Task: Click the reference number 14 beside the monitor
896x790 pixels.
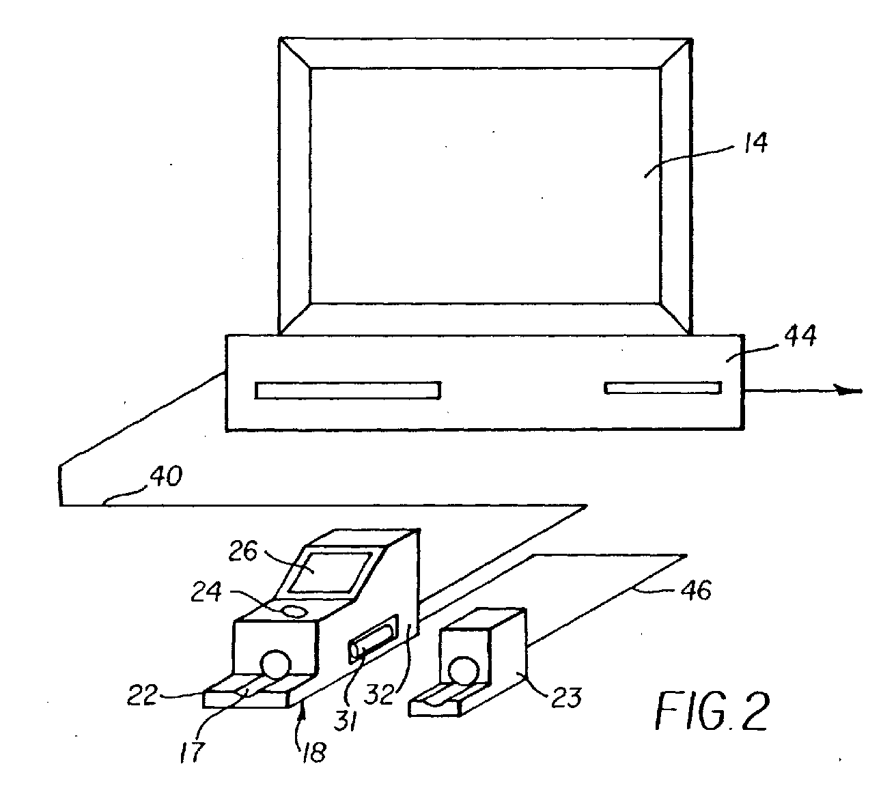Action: tap(753, 143)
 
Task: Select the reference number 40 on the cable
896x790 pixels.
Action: tap(166, 476)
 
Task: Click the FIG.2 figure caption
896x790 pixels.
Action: tap(712, 711)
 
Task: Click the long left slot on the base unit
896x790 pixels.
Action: tap(348, 390)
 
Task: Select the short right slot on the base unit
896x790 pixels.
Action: tap(662, 388)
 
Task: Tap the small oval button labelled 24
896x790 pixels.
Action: tap(293, 610)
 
